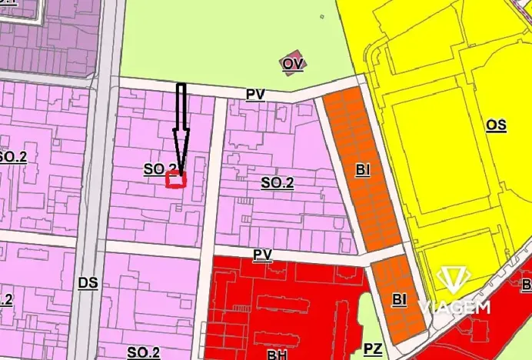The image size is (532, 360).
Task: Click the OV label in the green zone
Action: tap(291, 65)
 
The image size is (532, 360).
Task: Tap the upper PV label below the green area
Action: tap(255, 94)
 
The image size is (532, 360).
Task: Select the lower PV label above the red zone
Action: tap(263, 253)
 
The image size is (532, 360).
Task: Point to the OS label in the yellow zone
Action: tap(497, 125)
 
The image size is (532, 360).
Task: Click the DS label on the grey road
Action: tap(88, 282)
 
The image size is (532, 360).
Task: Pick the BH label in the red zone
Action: tap(277, 353)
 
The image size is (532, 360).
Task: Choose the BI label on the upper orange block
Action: tap(363, 171)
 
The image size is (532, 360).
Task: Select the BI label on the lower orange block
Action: tap(398, 298)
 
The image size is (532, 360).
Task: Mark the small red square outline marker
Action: tap(177, 180)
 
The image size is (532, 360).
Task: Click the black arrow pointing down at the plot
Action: tap(181, 123)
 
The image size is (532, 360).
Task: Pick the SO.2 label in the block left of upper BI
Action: tap(278, 183)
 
